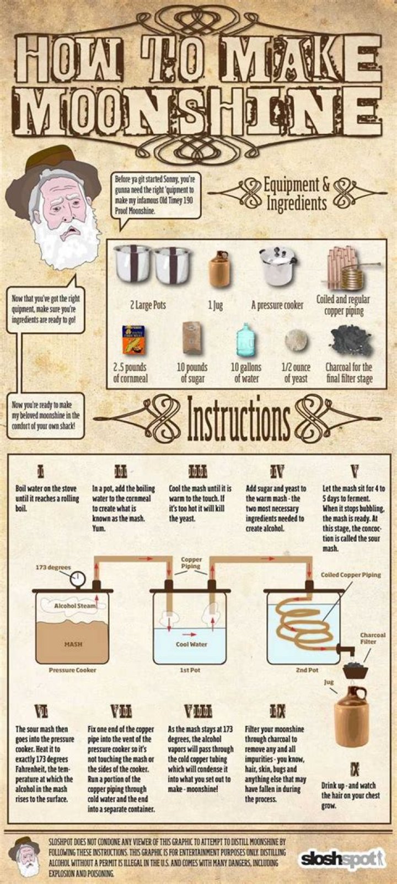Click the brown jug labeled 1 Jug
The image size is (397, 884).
pos(218,269)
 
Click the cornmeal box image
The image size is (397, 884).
pos(133,341)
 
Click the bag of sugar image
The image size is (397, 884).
pos(192,338)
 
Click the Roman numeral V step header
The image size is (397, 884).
pos(354,471)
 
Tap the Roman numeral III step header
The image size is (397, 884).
pos(197,471)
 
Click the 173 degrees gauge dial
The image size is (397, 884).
pos(78,578)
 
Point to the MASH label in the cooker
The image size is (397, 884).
pos(73,644)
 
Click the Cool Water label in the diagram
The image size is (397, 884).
pos(191,644)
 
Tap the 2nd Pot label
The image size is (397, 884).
pos(307,670)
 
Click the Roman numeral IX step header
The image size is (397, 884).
pos(277,710)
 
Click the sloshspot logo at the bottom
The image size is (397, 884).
pos(342,859)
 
